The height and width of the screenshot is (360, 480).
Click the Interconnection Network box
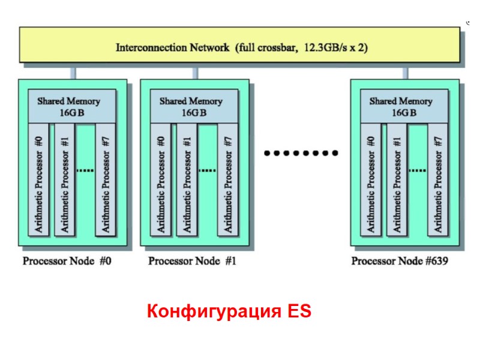tap(240, 47)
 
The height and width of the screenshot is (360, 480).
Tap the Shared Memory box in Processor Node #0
tap(68, 107)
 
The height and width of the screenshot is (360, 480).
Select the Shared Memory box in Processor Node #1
tap(191, 107)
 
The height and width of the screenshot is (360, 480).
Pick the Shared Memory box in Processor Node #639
tap(401, 107)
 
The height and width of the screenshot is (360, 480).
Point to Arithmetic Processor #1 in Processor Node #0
tap(65, 180)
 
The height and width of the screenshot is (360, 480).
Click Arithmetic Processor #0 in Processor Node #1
tap(161, 180)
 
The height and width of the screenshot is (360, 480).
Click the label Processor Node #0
tap(67, 261)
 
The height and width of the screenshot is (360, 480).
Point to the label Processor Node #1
tap(191, 261)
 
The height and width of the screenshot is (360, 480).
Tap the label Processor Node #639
tap(400, 261)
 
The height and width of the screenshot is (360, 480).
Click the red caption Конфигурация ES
tap(229, 312)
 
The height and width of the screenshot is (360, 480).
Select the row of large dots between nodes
tap(301, 154)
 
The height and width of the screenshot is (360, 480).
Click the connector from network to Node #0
tap(73, 73)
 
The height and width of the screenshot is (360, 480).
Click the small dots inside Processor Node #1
tap(206, 170)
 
